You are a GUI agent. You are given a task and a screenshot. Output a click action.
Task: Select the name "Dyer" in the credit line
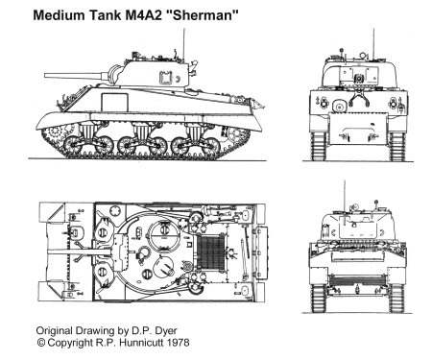(166, 331)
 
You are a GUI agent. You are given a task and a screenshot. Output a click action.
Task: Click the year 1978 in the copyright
(178, 343)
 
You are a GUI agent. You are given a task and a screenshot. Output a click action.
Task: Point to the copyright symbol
(40, 343)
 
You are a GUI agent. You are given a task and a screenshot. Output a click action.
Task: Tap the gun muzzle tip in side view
(45, 76)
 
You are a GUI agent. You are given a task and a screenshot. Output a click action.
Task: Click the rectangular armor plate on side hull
(114, 103)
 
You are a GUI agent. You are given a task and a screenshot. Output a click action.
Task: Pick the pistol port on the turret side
(166, 78)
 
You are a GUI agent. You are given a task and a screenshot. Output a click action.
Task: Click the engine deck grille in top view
(211, 252)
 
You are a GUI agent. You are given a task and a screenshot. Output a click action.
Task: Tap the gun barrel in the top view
(80, 252)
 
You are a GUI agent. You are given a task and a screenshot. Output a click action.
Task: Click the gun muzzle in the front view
(359, 79)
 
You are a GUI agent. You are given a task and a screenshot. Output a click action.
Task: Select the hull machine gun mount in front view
(339, 106)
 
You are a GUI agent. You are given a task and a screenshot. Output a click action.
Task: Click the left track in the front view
(319, 147)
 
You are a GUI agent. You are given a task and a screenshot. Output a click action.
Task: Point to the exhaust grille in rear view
(357, 280)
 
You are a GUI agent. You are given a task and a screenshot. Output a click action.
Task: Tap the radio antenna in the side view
(183, 44)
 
